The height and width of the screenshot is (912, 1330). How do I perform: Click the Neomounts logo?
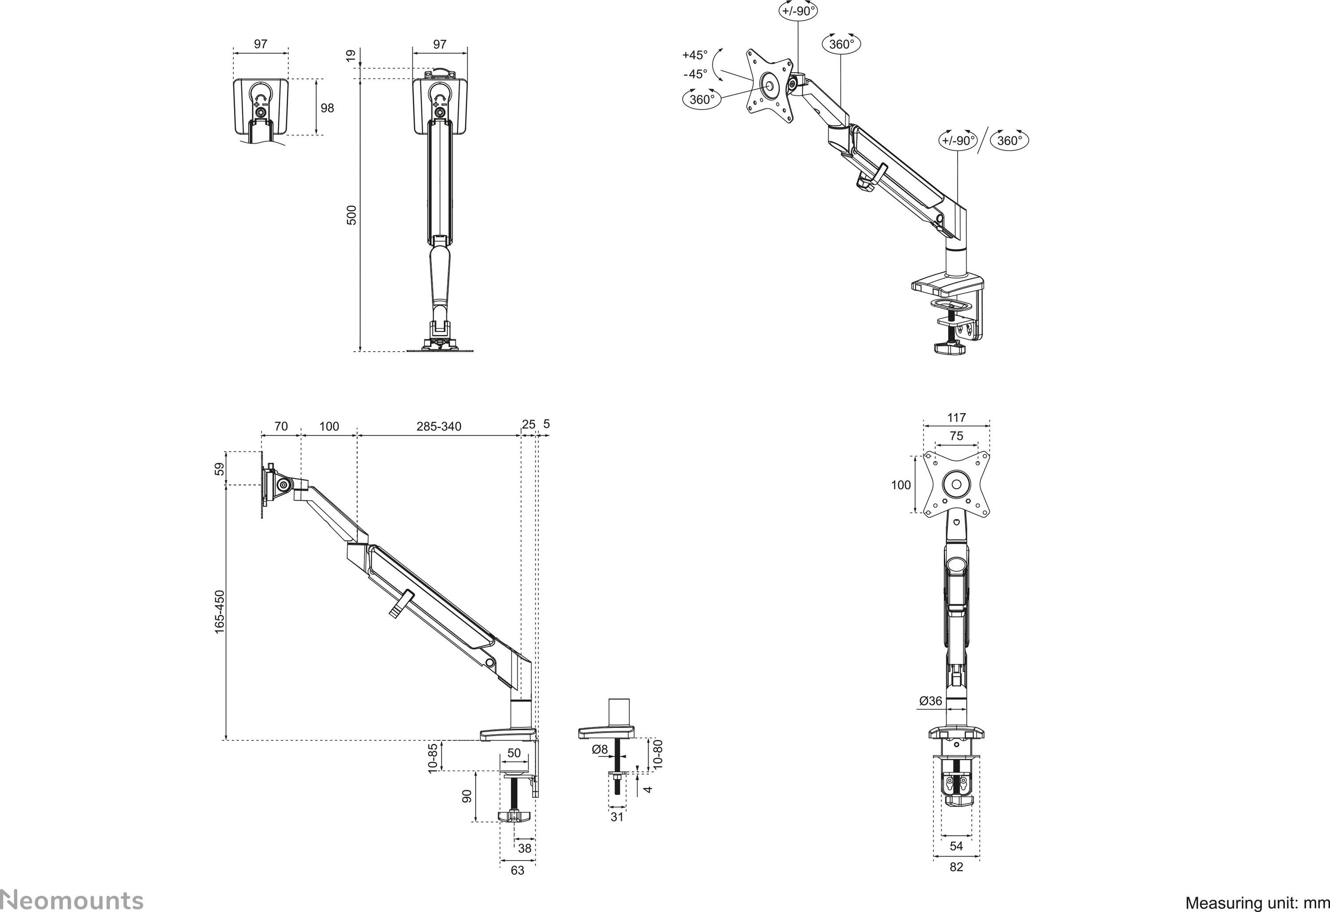click(71, 900)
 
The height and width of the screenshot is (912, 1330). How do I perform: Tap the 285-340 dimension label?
click(438, 427)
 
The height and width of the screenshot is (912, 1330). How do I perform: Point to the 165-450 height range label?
click(220, 612)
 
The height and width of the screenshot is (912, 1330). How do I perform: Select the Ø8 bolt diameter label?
click(600, 749)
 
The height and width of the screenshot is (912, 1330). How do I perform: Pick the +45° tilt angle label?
click(695, 55)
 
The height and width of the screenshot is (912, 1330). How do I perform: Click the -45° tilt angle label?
click(695, 74)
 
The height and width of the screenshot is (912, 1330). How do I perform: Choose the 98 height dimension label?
click(327, 108)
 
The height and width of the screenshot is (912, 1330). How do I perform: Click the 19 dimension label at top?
click(351, 55)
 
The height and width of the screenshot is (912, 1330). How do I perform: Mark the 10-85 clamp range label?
click(433, 758)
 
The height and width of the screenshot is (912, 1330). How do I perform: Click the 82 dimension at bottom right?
click(956, 867)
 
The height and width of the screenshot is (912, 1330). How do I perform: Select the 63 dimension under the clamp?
click(517, 870)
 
